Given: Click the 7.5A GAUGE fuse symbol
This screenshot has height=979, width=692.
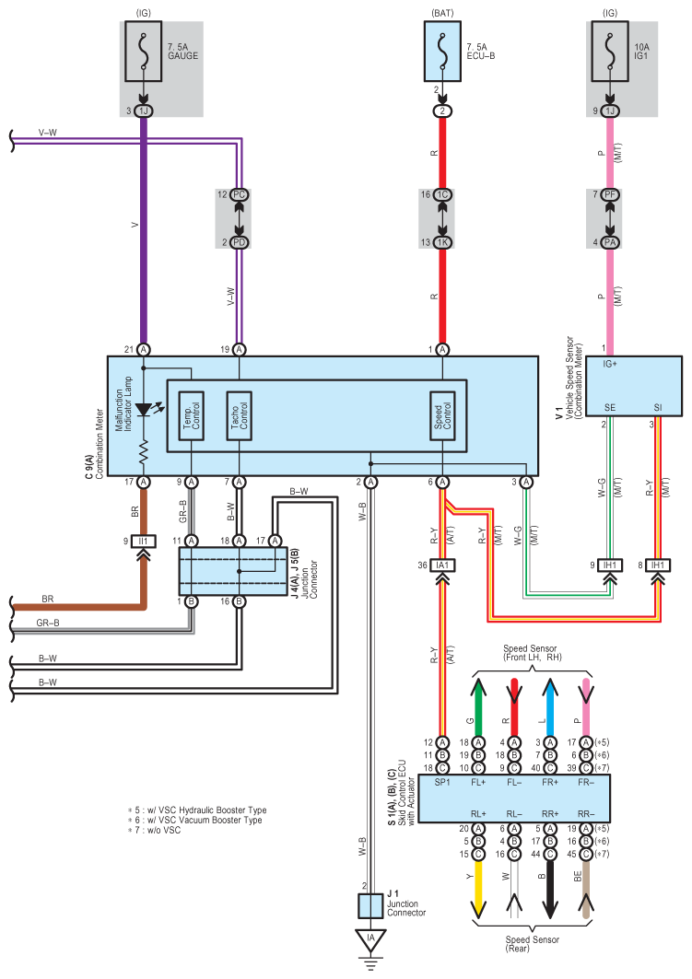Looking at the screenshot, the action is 144,52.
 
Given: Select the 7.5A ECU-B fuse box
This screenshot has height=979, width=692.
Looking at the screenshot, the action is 443,52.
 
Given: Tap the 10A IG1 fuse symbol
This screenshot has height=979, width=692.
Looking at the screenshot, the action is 610,52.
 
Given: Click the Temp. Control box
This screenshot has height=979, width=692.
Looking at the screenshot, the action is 191,416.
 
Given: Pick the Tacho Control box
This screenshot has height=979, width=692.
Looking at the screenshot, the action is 240,416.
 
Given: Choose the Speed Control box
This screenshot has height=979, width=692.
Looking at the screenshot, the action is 443,416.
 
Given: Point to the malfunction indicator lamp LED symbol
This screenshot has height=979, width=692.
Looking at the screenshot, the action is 145,410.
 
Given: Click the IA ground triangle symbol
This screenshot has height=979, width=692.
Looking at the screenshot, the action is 371,939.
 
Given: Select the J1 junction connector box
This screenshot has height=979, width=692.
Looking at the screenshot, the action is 370,906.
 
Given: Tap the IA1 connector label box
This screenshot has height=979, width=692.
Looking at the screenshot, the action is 443,565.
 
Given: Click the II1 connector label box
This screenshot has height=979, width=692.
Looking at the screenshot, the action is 144,542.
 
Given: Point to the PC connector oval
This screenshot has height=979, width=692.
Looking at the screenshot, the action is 240,195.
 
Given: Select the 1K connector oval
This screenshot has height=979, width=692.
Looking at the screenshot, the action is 443,242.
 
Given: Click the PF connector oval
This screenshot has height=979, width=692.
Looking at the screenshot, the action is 610,195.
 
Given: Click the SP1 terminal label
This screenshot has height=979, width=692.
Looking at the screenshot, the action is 442,782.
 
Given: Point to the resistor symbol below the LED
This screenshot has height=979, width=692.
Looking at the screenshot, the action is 144,451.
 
